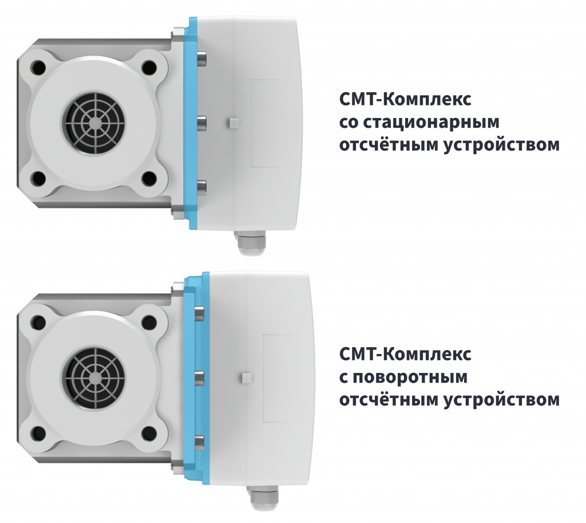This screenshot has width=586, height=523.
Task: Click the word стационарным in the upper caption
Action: [x=431, y=123]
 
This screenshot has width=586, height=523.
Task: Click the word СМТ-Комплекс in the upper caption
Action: [x=405, y=100]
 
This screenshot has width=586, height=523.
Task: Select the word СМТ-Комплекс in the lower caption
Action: [x=405, y=354]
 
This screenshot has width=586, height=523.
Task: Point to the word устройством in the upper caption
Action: [x=502, y=145]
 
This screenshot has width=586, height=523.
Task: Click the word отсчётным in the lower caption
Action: [x=389, y=399]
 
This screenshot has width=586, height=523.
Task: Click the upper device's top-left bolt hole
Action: [x=38, y=69]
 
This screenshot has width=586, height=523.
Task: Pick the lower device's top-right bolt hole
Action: [x=149, y=321]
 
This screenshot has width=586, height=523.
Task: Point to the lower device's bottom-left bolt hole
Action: [x=38, y=433]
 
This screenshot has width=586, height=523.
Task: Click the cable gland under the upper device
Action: [x=250, y=243]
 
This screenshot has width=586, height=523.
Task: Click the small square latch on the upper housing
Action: [x=232, y=123]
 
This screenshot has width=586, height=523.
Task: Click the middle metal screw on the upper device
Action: [x=201, y=123]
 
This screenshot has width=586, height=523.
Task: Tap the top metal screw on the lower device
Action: [x=200, y=313]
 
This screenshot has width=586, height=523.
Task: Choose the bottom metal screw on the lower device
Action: [x=200, y=441]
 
